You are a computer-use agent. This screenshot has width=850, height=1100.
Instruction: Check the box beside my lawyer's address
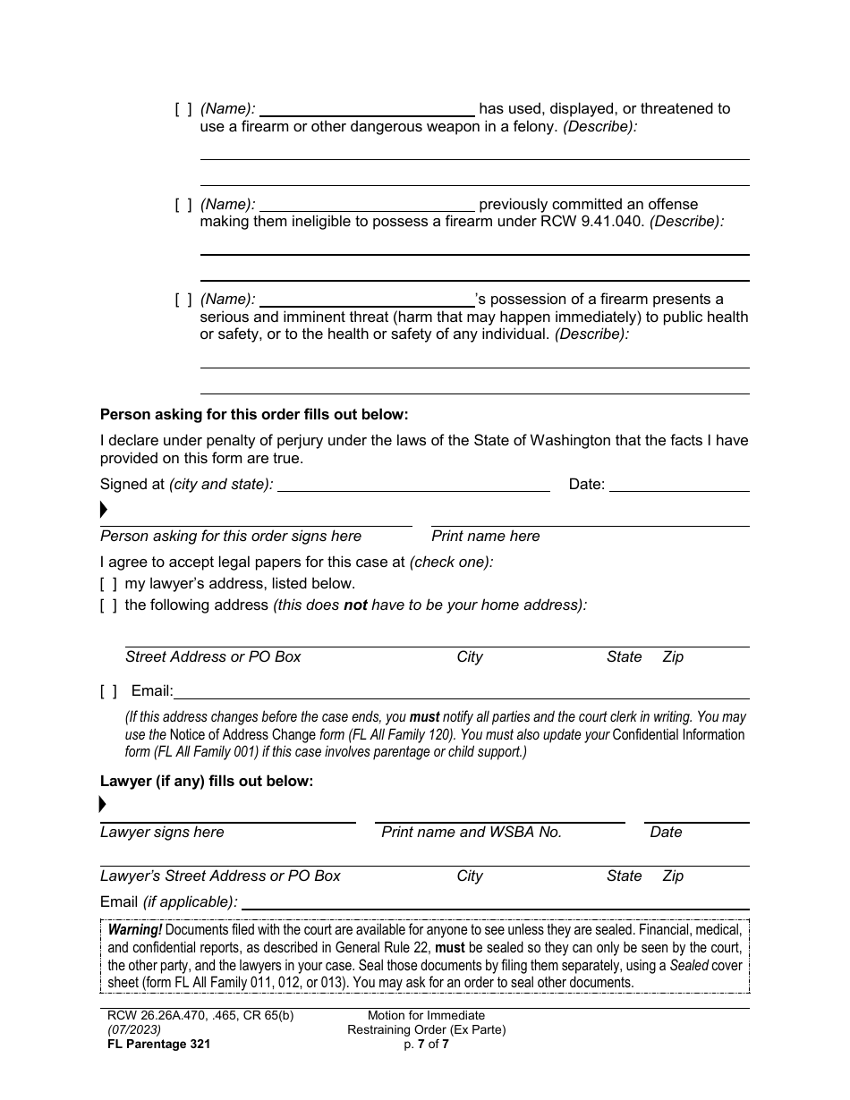(108, 584)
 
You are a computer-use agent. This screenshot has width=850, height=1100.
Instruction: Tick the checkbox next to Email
(108, 691)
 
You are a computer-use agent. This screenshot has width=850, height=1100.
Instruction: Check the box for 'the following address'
(108, 605)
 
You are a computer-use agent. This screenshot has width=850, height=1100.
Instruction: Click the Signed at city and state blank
(413, 485)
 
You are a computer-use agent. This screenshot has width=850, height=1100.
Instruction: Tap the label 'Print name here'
(486, 537)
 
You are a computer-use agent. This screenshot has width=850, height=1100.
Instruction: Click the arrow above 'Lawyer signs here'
(103, 806)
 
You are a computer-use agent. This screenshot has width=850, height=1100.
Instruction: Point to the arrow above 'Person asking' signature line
(104, 511)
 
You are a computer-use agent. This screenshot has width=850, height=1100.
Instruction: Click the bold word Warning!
(135, 930)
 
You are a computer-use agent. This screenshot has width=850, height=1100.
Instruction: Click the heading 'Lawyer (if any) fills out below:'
(207, 782)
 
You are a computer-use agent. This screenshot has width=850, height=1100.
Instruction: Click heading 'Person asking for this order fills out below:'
(254, 415)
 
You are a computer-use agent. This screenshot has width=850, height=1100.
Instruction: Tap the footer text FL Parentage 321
(155, 1044)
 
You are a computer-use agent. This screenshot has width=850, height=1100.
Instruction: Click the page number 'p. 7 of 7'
(426, 1044)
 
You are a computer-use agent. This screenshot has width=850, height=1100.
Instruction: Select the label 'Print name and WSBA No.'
(472, 833)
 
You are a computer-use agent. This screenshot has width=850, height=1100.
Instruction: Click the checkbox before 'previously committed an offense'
(183, 205)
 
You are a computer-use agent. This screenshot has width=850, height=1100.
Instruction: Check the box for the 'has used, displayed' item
(183, 109)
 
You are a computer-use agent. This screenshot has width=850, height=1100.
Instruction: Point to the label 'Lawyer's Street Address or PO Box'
(220, 876)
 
